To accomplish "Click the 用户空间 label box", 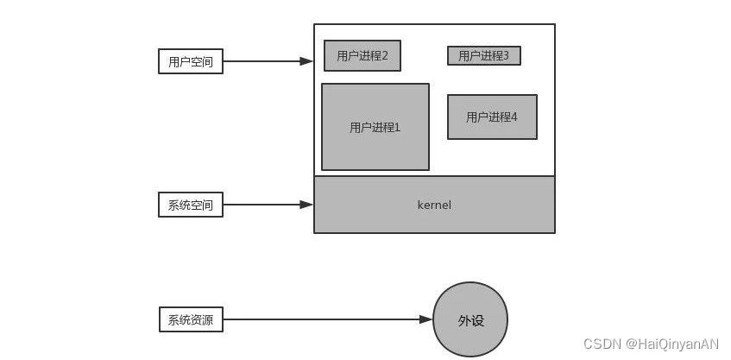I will click(191, 61).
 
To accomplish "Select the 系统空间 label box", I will click(191, 205).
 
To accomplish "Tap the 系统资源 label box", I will click(191, 319).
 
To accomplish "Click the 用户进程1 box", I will click(375, 127).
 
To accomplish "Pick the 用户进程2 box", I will click(362, 56).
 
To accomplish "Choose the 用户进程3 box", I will click(483, 56).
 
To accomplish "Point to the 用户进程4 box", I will click(492, 117).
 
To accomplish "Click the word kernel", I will click(434, 205).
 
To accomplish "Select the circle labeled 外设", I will click(470, 319).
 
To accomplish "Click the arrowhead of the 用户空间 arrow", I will click(306, 61).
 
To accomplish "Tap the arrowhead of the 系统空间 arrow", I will click(306, 205).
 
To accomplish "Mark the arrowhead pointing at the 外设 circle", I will click(425, 319).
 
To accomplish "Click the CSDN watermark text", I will click(603, 344).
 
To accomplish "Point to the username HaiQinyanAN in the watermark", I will click(677, 344).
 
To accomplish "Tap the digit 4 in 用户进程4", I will click(514, 117).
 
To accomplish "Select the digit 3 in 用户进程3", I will click(506, 56).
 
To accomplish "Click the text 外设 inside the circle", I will click(470, 320).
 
